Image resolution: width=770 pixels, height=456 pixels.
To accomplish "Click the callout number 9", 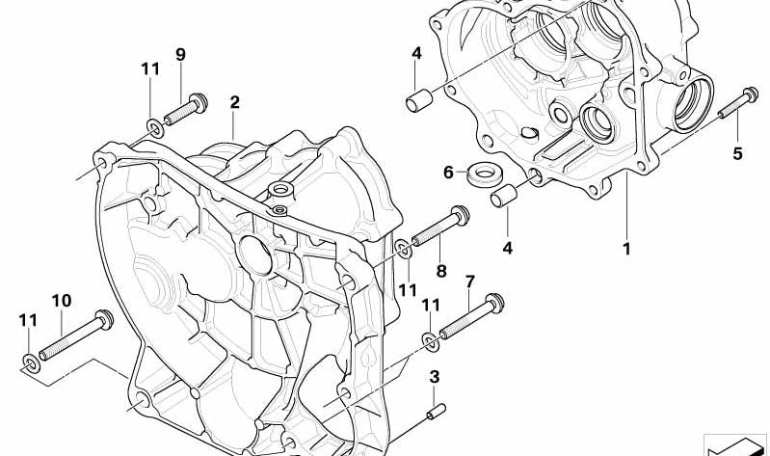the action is [x=181, y=55].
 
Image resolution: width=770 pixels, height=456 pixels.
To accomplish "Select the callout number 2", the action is [x=235, y=102].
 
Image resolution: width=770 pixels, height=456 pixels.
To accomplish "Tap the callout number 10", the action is [x=62, y=300].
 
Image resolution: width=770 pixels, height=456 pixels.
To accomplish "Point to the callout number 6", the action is [x=448, y=173].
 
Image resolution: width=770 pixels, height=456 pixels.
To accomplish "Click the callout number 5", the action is [x=737, y=154].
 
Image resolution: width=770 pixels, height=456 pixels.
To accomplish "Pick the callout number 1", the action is [x=626, y=249].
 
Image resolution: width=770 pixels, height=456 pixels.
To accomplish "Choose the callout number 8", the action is [x=441, y=270].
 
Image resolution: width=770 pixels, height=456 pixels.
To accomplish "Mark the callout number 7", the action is [x=470, y=282].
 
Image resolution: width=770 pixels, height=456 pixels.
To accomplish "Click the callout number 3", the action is [x=434, y=377].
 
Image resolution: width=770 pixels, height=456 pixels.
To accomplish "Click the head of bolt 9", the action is [x=199, y=102].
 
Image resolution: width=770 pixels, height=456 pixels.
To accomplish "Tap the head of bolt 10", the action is [x=105, y=319].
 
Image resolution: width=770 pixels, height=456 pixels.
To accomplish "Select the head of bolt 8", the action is [x=460, y=215].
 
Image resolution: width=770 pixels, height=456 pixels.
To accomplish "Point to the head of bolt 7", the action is [x=495, y=303].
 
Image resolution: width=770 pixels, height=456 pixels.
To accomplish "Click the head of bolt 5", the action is [x=751, y=94].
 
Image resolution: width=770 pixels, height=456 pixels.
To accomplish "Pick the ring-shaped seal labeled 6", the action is [x=485, y=174].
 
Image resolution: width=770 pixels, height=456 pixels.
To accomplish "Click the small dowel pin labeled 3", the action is [x=436, y=412].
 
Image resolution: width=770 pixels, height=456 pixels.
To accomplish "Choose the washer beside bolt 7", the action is [x=431, y=341].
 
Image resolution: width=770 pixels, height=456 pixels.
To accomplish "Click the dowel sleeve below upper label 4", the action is [x=419, y=101].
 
